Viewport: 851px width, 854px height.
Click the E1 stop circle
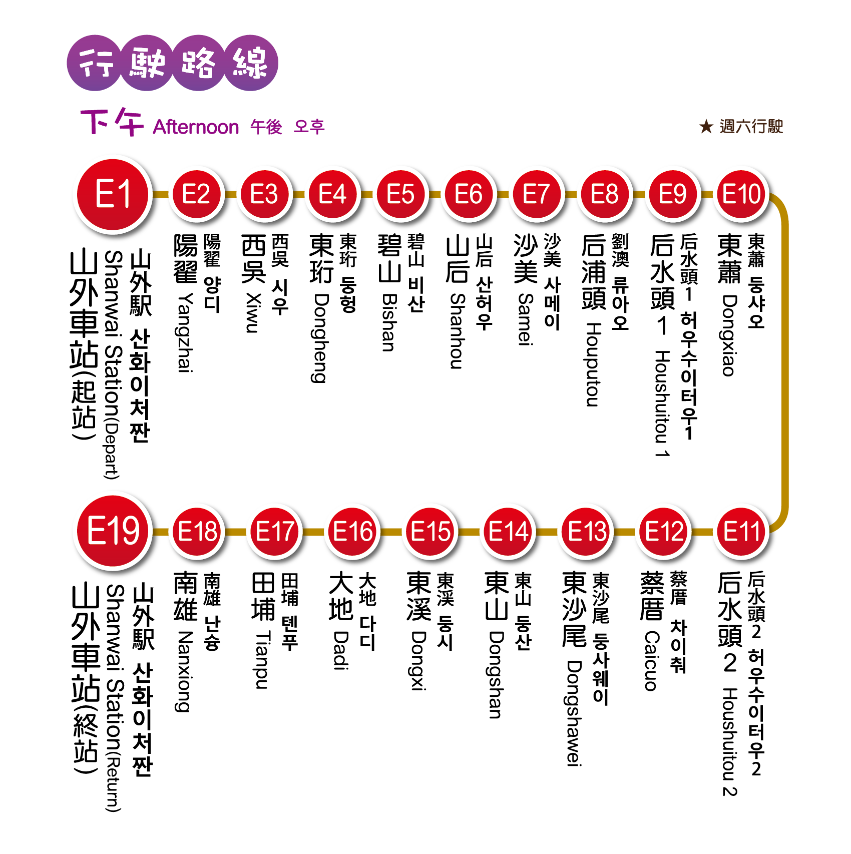(114, 194)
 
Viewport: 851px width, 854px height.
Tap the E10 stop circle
(741, 194)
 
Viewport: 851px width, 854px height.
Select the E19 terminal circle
(114, 531)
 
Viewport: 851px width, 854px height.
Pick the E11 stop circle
(741, 531)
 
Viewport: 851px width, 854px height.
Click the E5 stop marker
(400, 194)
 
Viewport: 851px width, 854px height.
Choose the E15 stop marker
(431, 531)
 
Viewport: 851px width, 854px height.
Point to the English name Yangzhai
(186, 333)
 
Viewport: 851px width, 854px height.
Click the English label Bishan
(389, 323)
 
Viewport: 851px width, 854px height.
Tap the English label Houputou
(593, 365)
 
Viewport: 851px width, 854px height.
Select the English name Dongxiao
(729, 335)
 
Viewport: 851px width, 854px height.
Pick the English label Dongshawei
(574, 713)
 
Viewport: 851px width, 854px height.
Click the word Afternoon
(196, 127)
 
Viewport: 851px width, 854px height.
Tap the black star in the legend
(706, 127)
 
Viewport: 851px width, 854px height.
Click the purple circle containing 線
(250, 63)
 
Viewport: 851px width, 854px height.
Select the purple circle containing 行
(95, 63)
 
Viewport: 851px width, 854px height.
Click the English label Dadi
(341, 650)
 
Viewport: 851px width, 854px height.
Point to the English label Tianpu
(262, 660)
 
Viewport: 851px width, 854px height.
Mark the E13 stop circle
(587, 531)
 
